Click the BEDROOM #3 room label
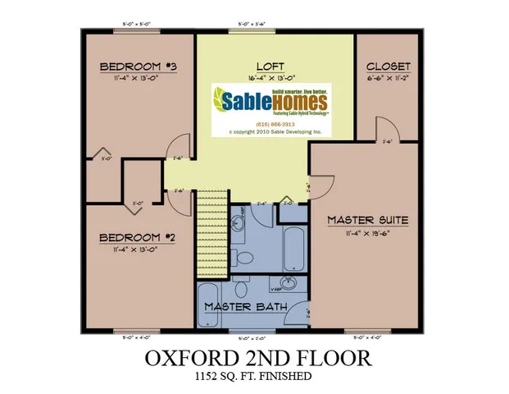tap(134, 66)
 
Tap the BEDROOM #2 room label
tap(134, 238)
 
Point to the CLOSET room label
tap(389, 66)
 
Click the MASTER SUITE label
tap(367, 220)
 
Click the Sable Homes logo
tap(270, 102)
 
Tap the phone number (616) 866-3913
tap(270, 124)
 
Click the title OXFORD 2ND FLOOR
tap(259, 359)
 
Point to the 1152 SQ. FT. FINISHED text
tap(259, 377)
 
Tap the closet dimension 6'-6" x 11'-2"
tap(389, 79)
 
